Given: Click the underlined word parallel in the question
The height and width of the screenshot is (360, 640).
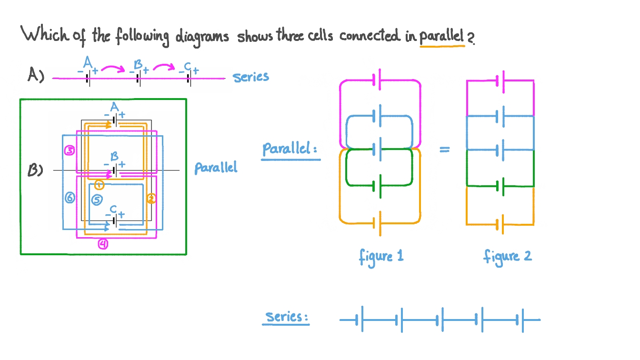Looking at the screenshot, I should [x=441, y=37].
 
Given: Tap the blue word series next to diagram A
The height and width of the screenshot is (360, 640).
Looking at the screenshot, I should [x=251, y=77].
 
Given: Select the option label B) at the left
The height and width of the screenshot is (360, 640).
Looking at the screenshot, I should [x=36, y=170].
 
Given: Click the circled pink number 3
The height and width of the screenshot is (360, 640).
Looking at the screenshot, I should [x=70, y=151].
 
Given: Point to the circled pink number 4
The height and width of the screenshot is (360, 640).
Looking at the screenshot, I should [x=103, y=244].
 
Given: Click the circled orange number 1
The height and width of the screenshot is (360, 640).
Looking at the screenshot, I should [x=99, y=185].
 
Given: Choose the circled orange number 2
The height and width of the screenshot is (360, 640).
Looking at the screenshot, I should [x=151, y=199].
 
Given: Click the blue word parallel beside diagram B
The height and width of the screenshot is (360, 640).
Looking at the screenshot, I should [x=215, y=168].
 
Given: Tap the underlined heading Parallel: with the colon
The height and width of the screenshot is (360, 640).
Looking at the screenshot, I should [x=290, y=149].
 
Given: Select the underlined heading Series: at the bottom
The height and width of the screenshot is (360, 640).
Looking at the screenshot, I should [x=286, y=317].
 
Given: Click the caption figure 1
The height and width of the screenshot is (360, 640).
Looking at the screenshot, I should [x=381, y=257].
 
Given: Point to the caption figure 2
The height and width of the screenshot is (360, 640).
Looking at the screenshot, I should [x=507, y=257].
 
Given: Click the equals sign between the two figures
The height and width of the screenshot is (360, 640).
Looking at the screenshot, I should [x=444, y=150].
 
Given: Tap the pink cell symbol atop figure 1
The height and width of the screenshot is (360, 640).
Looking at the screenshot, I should [x=377, y=80].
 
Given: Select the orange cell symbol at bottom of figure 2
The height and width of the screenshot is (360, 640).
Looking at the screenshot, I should [x=500, y=224].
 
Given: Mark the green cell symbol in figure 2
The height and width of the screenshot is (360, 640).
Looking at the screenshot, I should [x=500, y=186].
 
